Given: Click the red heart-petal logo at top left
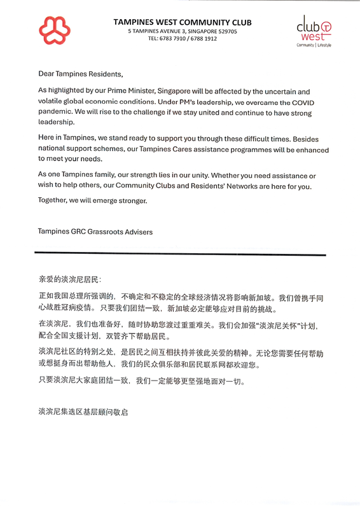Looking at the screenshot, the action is (x=54, y=29).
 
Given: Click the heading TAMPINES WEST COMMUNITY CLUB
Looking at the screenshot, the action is (x=183, y=22).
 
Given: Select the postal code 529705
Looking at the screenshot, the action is (x=223, y=31).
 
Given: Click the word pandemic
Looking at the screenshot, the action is (x=55, y=113).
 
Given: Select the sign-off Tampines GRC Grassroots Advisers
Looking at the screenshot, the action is (x=95, y=232).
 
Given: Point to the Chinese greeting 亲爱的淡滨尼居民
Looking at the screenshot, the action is (x=69, y=279).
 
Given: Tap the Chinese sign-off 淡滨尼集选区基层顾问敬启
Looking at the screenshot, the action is (x=83, y=412).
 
